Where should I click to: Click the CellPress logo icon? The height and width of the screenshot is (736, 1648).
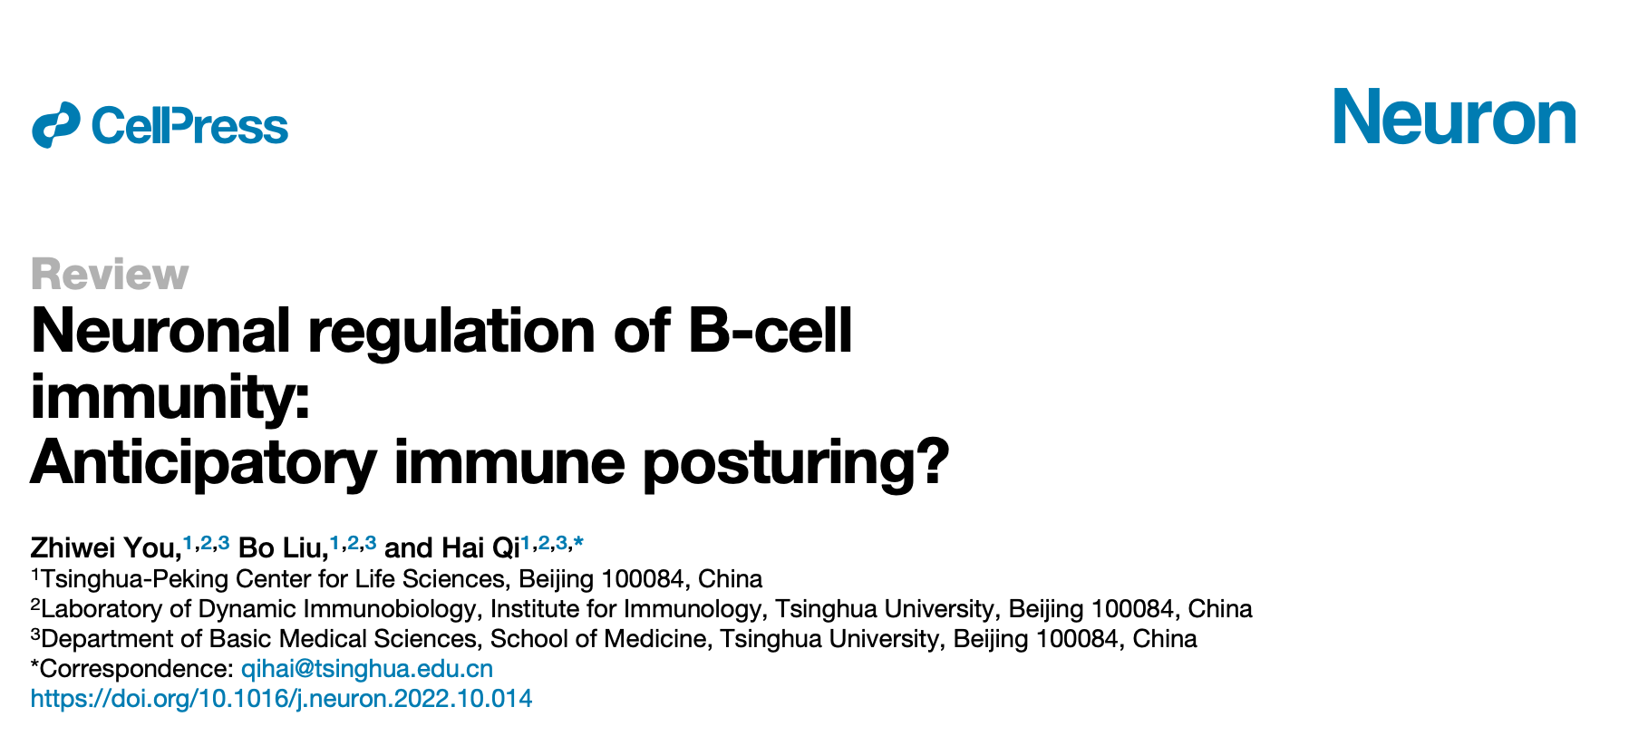click(x=56, y=125)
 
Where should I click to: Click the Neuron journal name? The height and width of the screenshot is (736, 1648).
click(x=1455, y=117)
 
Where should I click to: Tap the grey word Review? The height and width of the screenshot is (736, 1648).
click(x=110, y=274)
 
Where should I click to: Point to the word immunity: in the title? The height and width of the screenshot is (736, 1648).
click(x=170, y=397)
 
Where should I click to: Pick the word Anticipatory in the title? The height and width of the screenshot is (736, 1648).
click(x=203, y=463)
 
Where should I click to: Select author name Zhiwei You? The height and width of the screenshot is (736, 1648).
click(x=105, y=548)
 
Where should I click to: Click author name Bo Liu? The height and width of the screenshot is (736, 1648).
click(x=282, y=548)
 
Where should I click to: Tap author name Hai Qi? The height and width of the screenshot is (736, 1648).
click(x=480, y=548)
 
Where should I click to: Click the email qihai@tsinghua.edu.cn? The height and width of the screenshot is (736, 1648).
click(x=367, y=669)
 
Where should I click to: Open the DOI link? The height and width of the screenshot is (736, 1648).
click(x=282, y=699)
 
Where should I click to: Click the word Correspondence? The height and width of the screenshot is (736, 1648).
click(x=137, y=669)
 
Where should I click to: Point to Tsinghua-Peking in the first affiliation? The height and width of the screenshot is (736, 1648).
click(x=136, y=579)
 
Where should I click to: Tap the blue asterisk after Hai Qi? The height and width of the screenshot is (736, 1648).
click(x=578, y=542)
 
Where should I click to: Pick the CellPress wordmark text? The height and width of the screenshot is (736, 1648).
click(x=189, y=126)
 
